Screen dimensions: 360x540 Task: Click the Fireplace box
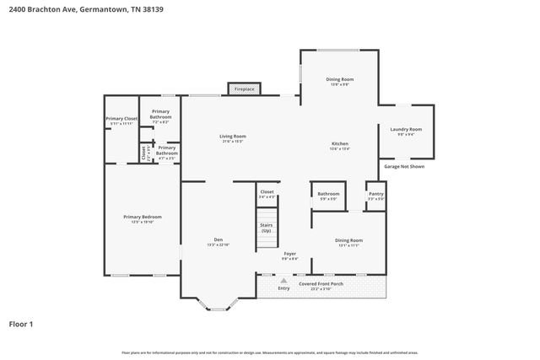(x=245, y=89)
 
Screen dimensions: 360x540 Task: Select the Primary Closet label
(x=121, y=119)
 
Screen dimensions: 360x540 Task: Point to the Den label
(x=218, y=239)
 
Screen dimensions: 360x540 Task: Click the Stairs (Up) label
(x=267, y=227)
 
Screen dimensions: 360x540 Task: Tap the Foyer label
(x=289, y=253)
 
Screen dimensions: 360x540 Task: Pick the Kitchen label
(x=339, y=144)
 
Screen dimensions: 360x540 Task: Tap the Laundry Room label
(x=406, y=129)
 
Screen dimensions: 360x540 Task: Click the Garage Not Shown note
(x=404, y=166)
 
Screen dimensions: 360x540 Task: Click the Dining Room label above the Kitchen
(x=339, y=79)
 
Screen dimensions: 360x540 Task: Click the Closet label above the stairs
(x=267, y=191)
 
